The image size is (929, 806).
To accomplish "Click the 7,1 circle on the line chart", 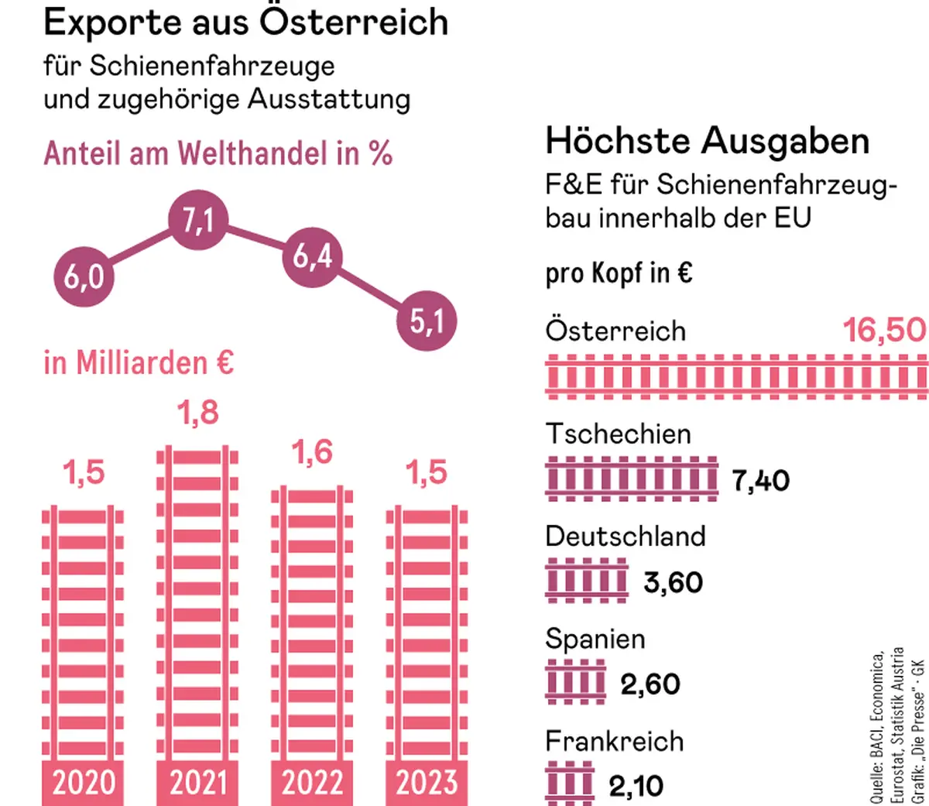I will pyautogui.click(x=198, y=221).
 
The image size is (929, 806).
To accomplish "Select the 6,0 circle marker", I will pyautogui.click(x=84, y=277).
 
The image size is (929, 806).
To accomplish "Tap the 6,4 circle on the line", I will pyautogui.click(x=313, y=256).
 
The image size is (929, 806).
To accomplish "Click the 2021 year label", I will pyautogui.click(x=198, y=783).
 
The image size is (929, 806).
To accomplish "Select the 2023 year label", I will pyautogui.click(x=427, y=783).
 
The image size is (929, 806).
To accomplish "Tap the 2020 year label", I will pyautogui.click(x=84, y=783).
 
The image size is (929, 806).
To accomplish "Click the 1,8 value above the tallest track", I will pyautogui.click(x=198, y=413).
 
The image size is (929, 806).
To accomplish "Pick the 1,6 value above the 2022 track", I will pyautogui.click(x=313, y=453).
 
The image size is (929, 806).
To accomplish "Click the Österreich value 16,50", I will pyautogui.click(x=884, y=331).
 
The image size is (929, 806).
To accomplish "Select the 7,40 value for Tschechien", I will pyautogui.click(x=761, y=481).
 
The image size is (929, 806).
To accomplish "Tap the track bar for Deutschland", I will pyautogui.click(x=587, y=581).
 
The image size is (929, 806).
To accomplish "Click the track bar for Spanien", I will pyautogui.click(x=575, y=684).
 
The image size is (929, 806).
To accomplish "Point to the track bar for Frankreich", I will pyautogui.click(x=570, y=785).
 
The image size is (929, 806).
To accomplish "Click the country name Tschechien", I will pyautogui.click(x=618, y=434).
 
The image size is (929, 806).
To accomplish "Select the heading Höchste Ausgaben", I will pyautogui.click(x=708, y=142).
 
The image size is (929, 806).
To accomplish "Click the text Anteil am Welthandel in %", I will pyautogui.click(x=218, y=154).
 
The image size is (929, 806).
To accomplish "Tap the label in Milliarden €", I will pyautogui.click(x=139, y=362).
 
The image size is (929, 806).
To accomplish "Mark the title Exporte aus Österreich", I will pyautogui.click(x=246, y=22).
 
